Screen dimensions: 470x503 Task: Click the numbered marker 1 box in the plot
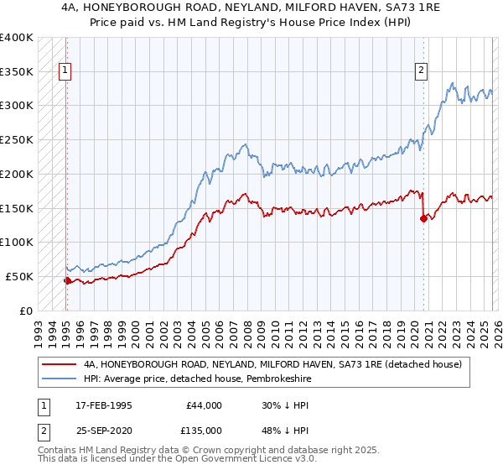(65, 71)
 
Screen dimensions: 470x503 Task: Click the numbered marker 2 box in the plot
(422, 71)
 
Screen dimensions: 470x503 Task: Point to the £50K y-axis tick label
(19, 276)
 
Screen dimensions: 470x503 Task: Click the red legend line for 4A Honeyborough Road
(59, 364)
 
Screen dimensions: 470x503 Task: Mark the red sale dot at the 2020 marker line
(423, 218)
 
